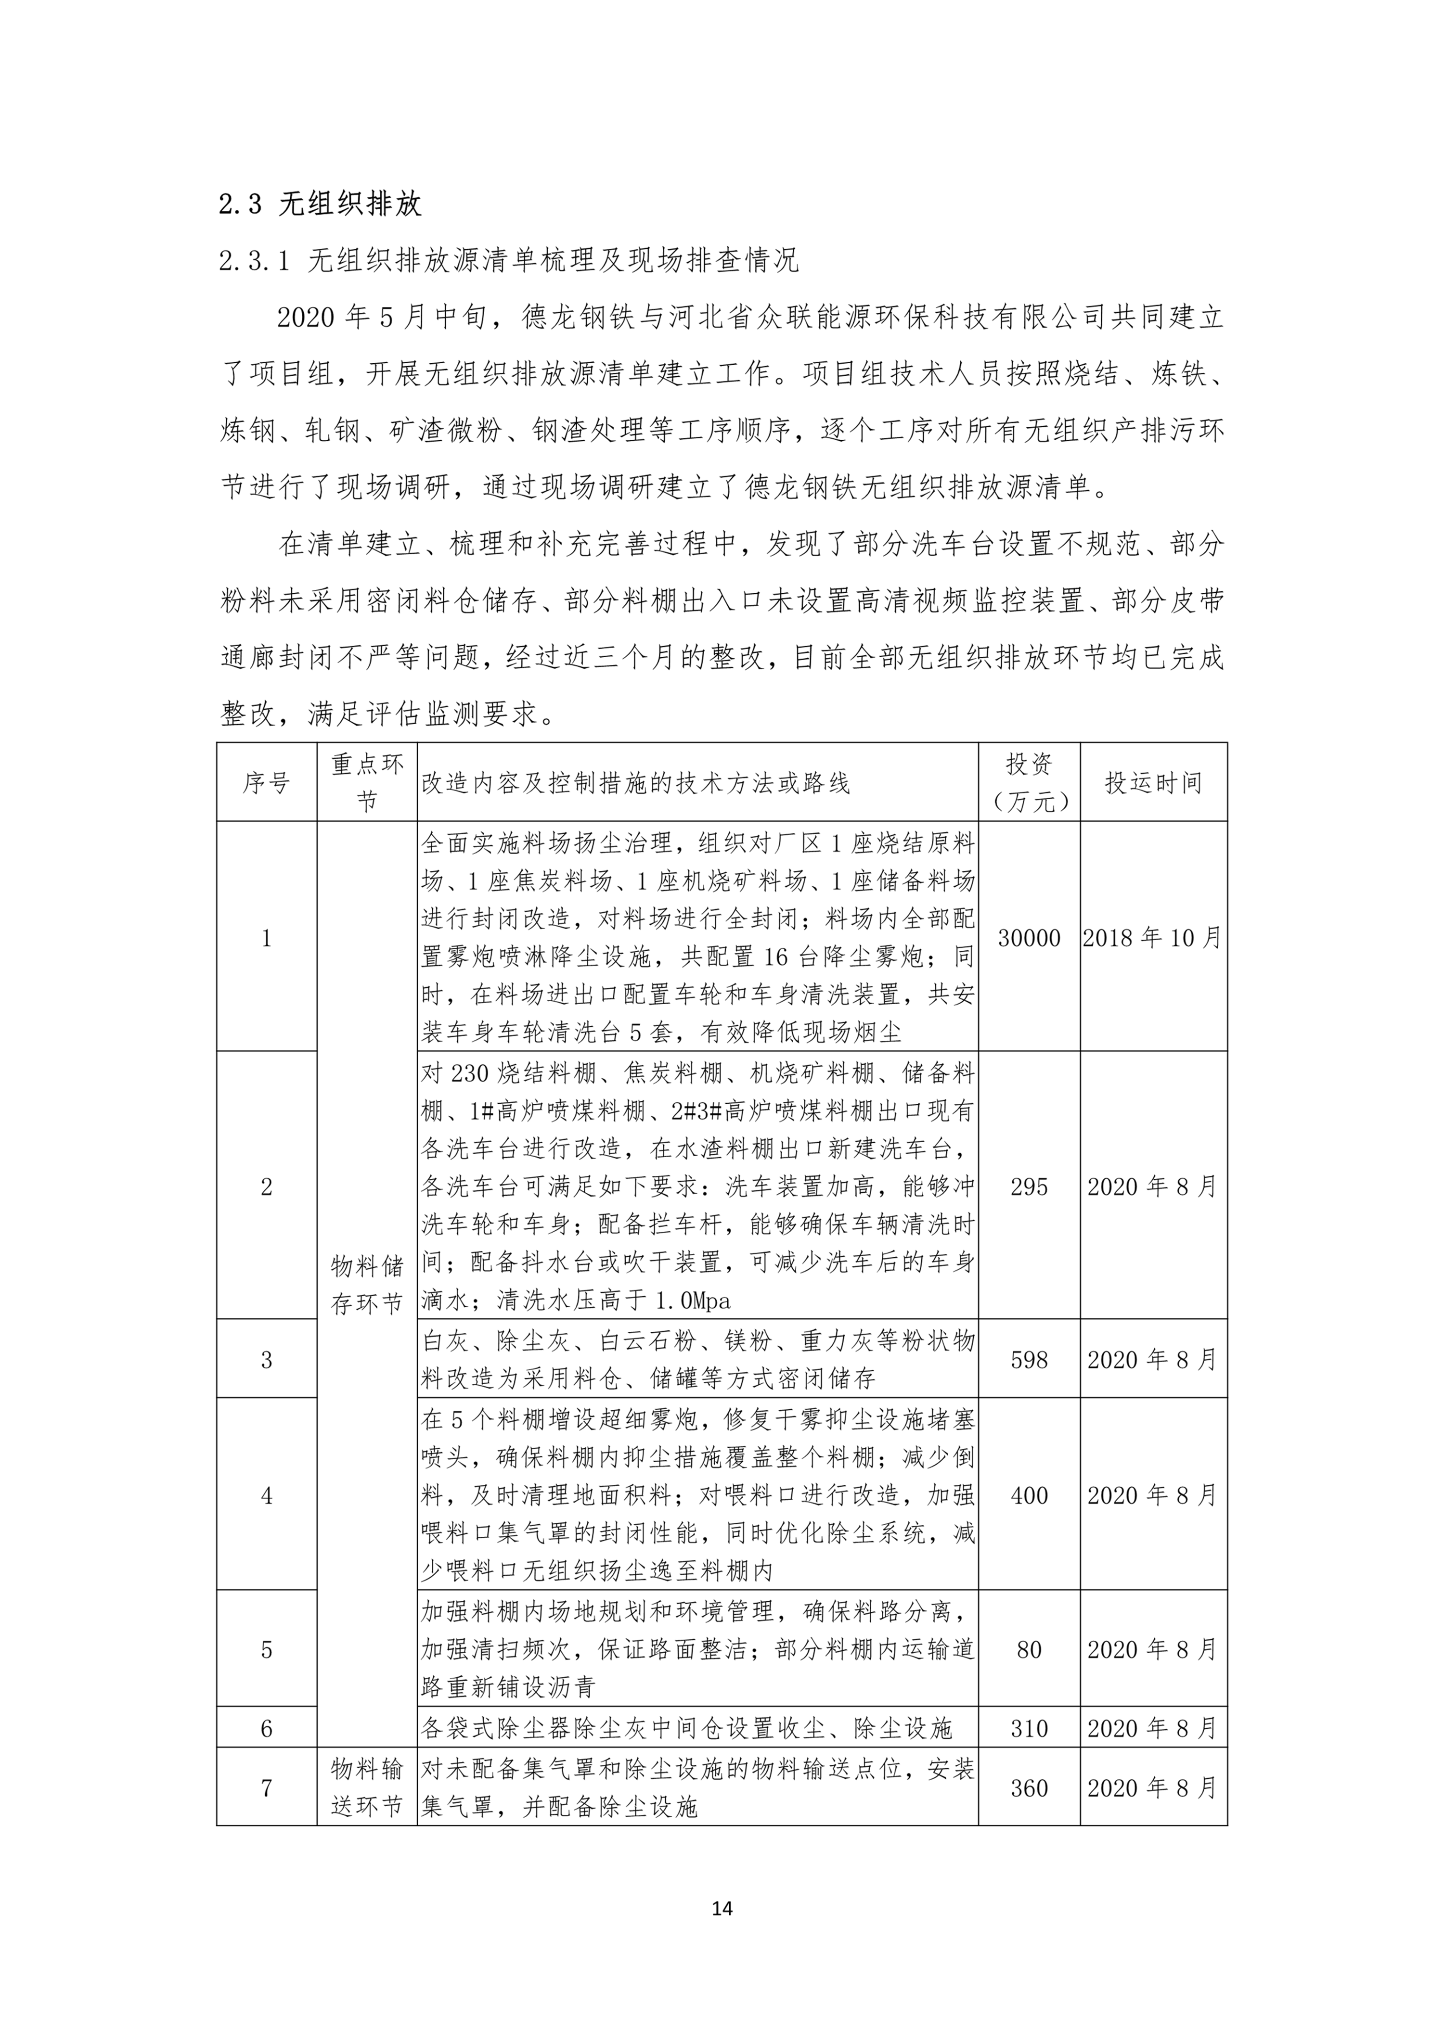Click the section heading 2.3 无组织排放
[320, 204]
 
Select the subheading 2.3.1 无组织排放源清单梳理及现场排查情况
[509, 260]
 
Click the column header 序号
[266, 783]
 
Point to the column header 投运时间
[1153, 783]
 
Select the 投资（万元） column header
[1029, 783]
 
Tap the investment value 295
[1029, 1186]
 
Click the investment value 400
[1029, 1495]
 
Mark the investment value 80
[1029, 1650]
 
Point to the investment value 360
[1029, 1787]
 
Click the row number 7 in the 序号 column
[266, 1787]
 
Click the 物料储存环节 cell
[366, 1285]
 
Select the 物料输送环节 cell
[366, 1787]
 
